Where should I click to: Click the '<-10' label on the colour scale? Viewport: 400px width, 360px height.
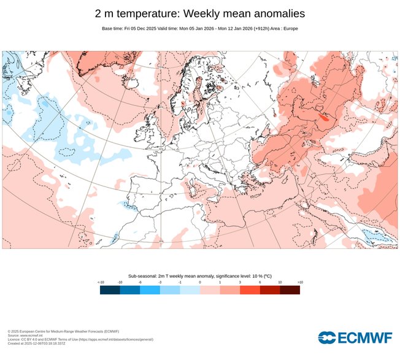[x=101, y=282]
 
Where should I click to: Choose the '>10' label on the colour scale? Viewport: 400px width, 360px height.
[x=299, y=282]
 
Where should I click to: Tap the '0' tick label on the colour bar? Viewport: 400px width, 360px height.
[x=200, y=282]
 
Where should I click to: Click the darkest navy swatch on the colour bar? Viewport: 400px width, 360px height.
[x=110, y=290]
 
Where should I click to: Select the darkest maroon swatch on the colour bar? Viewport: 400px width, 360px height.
[x=290, y=290]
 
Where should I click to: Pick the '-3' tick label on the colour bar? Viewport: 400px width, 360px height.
[x=160, y=282]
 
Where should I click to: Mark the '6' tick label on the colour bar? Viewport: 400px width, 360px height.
[x=260, y=282]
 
